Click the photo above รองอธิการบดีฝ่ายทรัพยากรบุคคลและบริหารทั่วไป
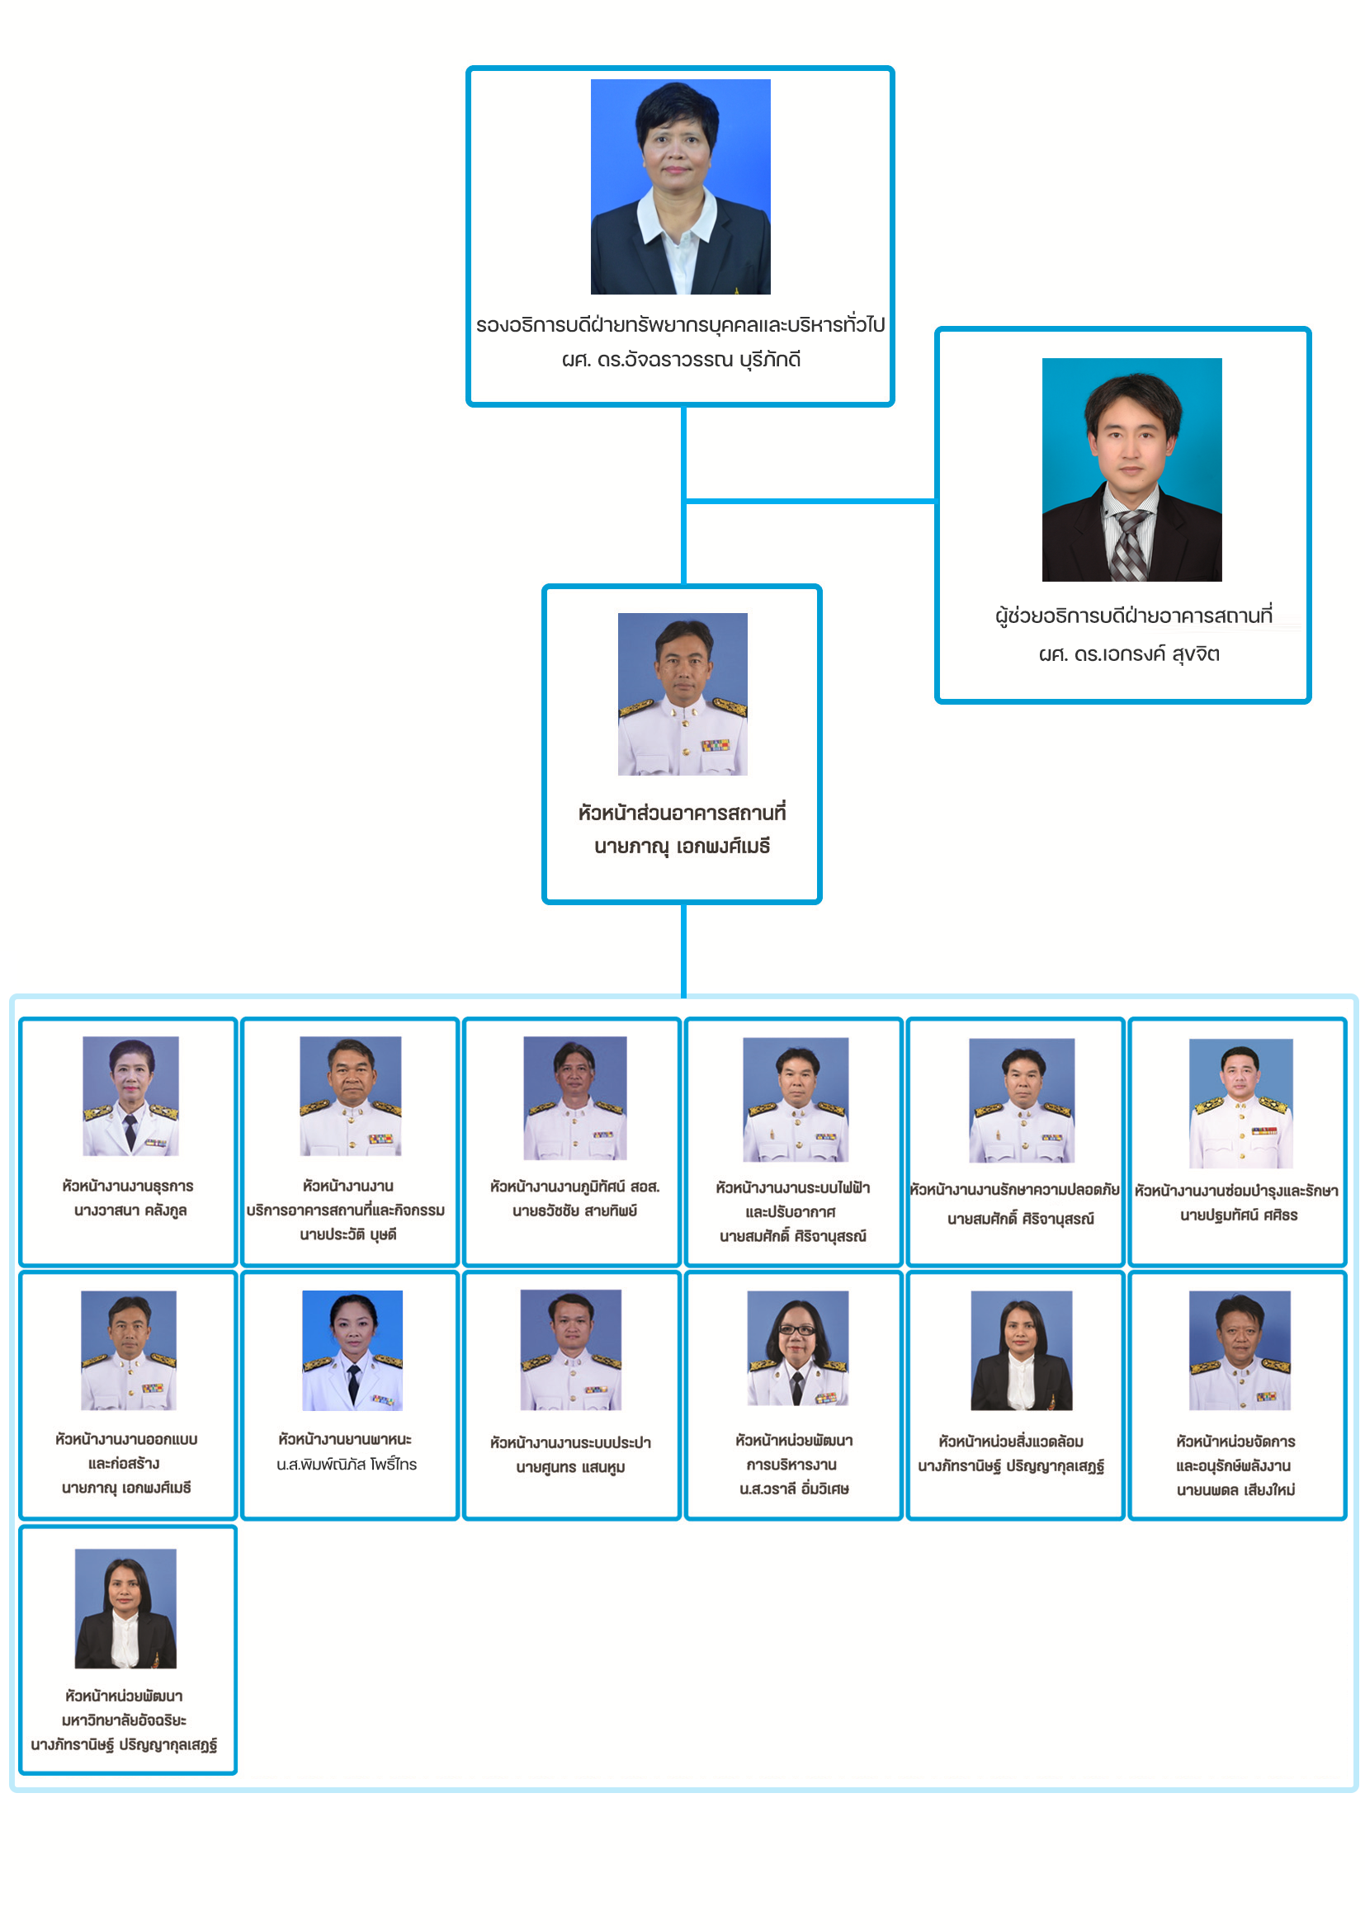(x=680, y=186)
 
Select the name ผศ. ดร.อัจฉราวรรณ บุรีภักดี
(x=681, y=360)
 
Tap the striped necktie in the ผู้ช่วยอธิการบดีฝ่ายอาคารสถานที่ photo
(x=1130, y=542)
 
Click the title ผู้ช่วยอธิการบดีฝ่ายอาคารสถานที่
(x=1133, y=616)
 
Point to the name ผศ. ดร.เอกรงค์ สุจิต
(x=1129, y=654)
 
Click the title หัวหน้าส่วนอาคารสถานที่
(x=682, y=813)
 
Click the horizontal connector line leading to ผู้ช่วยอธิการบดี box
(x=810, y=501)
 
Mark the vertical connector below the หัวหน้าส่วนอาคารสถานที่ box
(x=683, y=950)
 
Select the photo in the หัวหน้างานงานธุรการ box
(x=130, y=1095)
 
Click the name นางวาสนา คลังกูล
(x=130, y=1210)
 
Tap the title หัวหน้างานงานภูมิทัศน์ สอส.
(x=575, y=1186)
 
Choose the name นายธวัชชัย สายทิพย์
(x=575, y=1210)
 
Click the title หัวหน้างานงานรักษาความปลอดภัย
(x=1014, y=1190)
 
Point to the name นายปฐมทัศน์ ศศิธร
(x=1238, y=1215)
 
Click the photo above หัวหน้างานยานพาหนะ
(x=352, y=1350)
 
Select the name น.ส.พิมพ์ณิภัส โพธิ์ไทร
(x=347, y=1465)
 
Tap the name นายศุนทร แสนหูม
(x=570, y=1468)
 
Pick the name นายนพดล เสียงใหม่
(x=1235, y=1490)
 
